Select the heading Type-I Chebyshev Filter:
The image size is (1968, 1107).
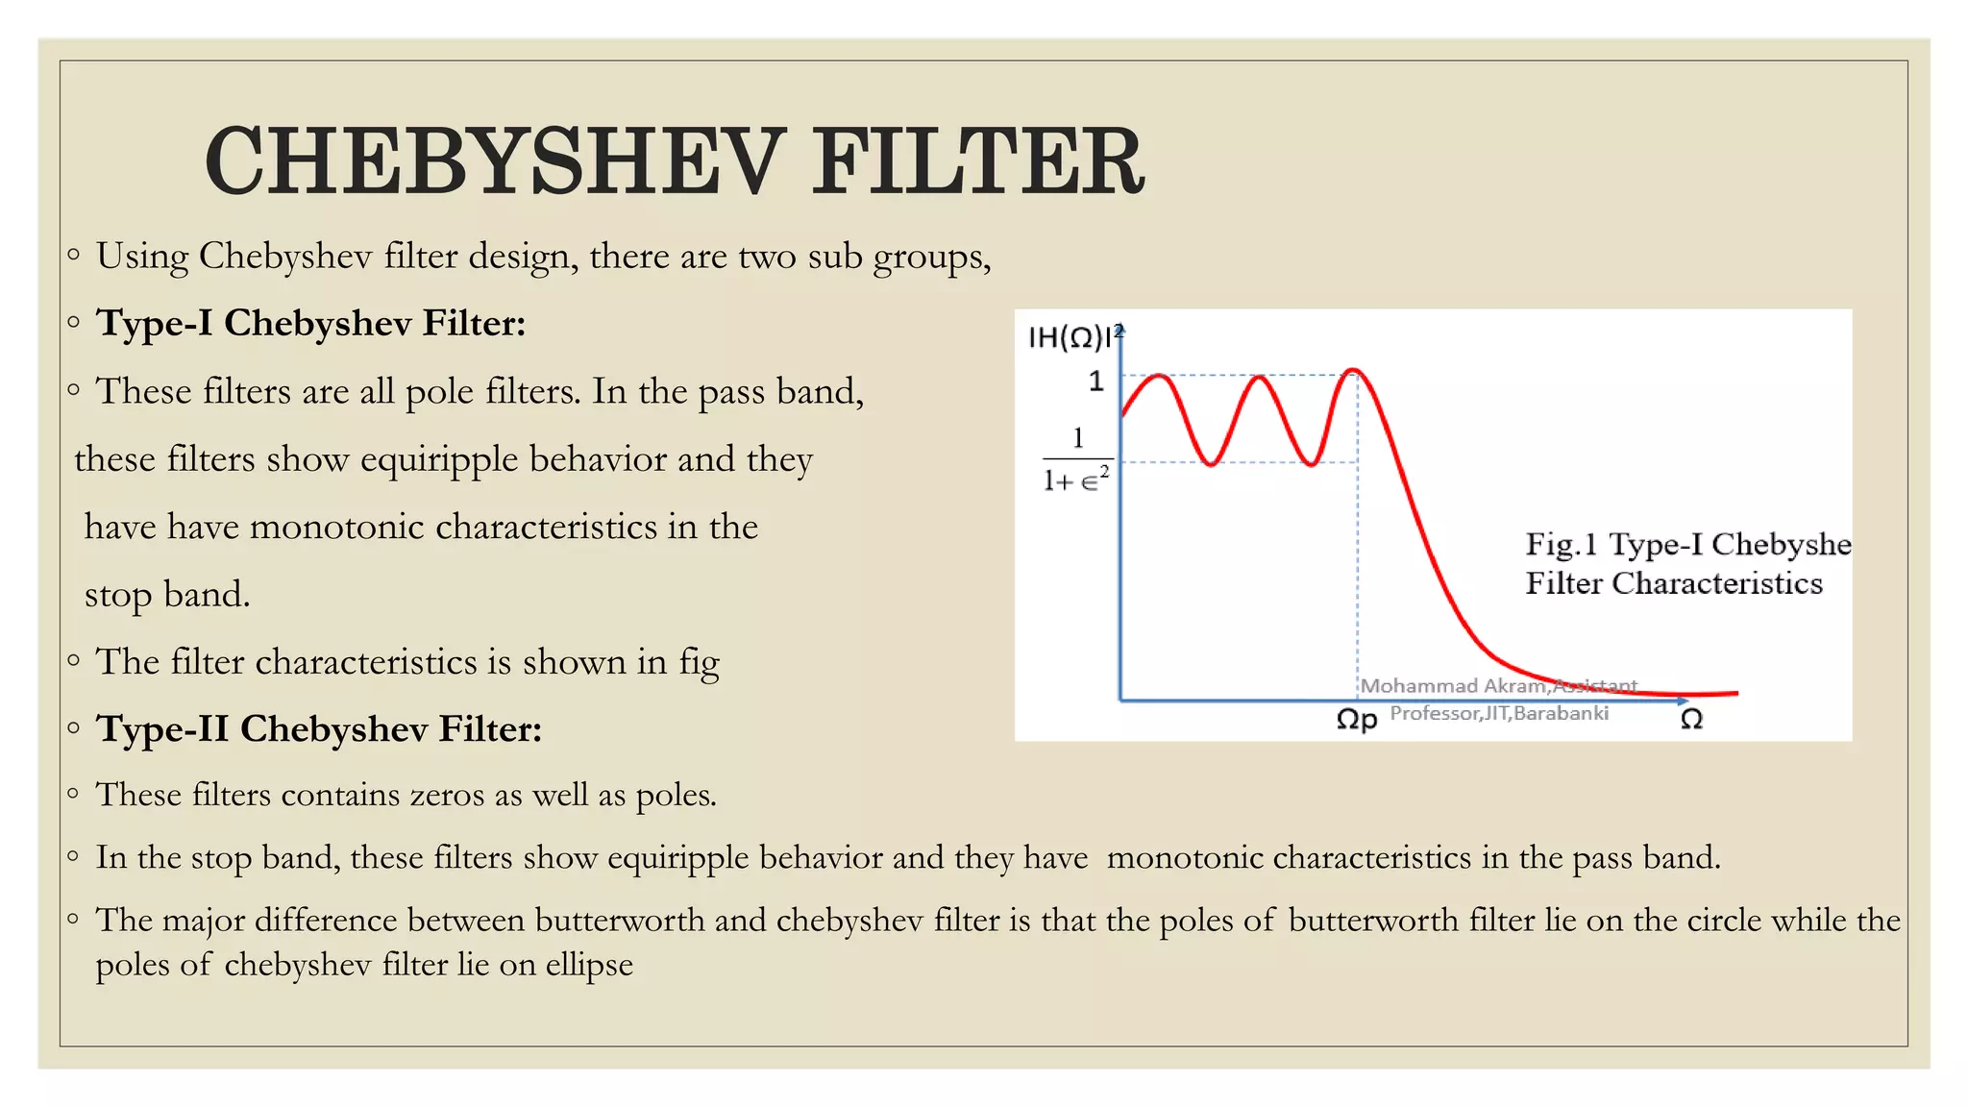click(310, 323)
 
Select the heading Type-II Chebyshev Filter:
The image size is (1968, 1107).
click(318, 729)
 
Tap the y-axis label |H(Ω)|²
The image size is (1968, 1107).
click(1073, 337)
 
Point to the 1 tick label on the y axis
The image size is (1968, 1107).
click(1096, 381)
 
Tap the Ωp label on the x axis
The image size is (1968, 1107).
click(1356, 719)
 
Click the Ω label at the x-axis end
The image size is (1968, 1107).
click(1691, 719)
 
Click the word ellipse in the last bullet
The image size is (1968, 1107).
click(589, 964)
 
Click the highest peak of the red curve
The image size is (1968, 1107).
click(1353, 370)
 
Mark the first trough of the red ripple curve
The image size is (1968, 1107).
click(1212, 464)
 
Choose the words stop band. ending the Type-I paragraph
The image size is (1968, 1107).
click(167, 595)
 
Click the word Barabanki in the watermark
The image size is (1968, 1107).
click(1561, 713)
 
